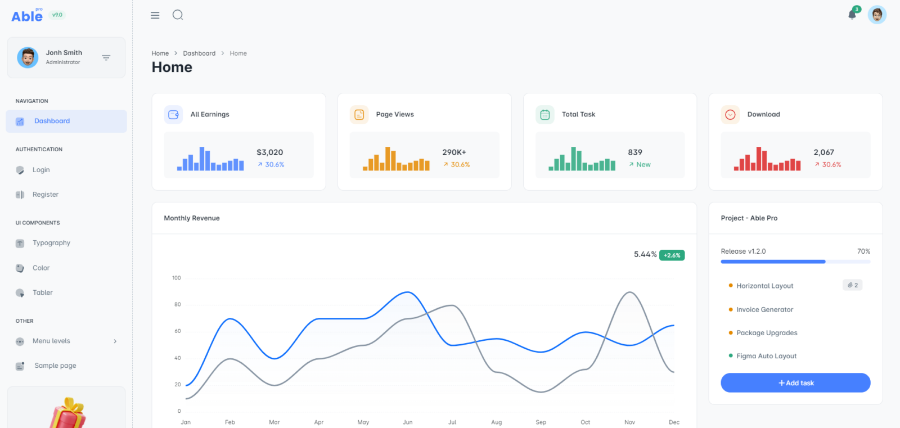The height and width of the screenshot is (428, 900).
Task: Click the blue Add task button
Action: [x=795, y=383]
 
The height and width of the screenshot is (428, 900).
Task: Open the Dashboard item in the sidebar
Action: [x=52, y=121]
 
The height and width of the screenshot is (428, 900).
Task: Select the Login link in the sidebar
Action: [x=41, y=170]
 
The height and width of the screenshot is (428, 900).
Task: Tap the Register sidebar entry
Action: [x=45, y=195]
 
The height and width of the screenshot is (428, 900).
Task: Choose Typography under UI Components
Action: [x=51, y=243]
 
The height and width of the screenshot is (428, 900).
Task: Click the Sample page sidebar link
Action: [x=55, y=366]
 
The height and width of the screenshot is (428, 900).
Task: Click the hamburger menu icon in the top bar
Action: [x=155, y=15]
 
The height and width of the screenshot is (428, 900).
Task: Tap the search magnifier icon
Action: [x=178, y=15]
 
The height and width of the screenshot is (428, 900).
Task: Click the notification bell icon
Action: [x=852, y=15]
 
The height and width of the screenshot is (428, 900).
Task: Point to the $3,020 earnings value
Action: [x=270, y=152]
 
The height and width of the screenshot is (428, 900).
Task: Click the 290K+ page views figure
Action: [x=454, y=152]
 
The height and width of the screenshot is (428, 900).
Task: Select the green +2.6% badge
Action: [x=672, y=255]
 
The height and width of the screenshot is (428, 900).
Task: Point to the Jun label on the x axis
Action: [x=408, y=422]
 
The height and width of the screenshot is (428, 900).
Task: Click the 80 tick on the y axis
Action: [x=178, y=304]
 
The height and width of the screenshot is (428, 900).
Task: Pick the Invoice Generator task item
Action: [x=764, y=309]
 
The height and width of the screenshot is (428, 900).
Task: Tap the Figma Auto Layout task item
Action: [x=766, y=356]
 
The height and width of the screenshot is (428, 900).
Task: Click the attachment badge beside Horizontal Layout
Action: [x=852, y=285]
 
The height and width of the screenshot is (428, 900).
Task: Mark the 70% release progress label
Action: [x=863, y=251]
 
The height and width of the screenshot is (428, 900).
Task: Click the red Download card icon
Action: [x=730, y=115]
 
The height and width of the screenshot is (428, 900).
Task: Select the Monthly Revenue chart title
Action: [x=192, y=218]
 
